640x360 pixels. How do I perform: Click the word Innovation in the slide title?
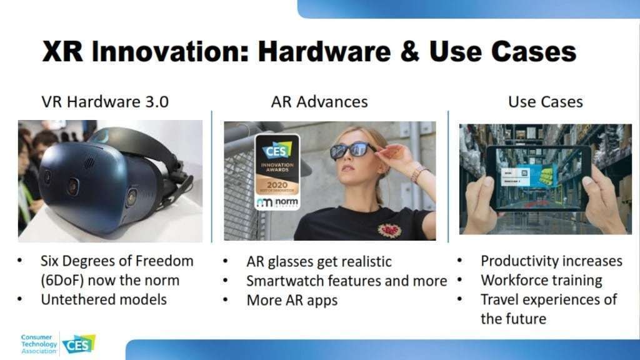pos(170,52)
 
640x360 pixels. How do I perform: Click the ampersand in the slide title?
pos(410,52)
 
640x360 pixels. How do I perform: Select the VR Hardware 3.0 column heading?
pos(105,102)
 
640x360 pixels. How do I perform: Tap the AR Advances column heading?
pos(319,102)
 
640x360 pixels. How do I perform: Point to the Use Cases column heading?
pos(545,102)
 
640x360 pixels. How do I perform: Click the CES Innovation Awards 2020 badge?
pos(277,172)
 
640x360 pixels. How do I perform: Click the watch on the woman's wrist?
pos(417,173)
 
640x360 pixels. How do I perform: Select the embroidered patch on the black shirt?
pos(389,230)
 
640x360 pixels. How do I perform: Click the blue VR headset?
pos(106,179)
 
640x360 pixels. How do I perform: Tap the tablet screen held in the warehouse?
pos(539,178)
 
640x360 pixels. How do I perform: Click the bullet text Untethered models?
pos(104,299)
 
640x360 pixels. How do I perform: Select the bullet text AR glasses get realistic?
pos(319,262)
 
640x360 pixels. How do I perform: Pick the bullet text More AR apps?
pos(292,301)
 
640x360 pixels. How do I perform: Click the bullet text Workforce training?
pos(541,281)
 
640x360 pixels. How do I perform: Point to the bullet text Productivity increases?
pos(551,261)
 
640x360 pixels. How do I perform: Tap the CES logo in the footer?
pos(79,345)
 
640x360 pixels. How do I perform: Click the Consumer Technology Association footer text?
pos(39,344)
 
